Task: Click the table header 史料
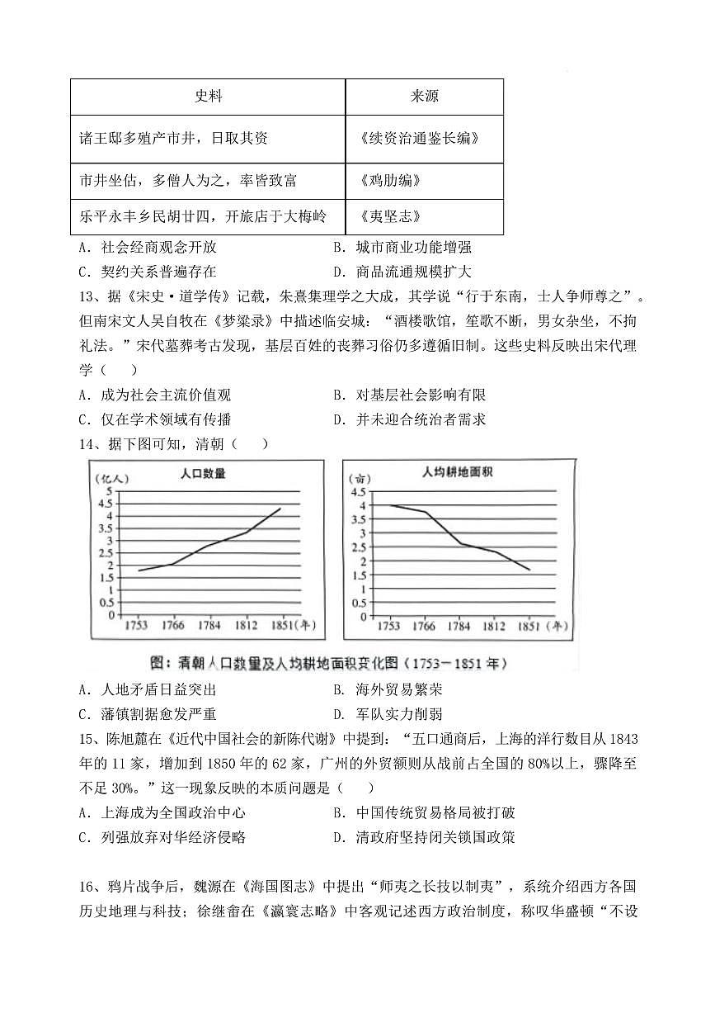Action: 208,97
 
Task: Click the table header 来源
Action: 424,97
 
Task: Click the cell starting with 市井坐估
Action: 188,180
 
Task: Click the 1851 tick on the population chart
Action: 280,626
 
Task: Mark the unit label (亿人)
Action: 110,478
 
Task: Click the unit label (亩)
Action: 358,478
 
